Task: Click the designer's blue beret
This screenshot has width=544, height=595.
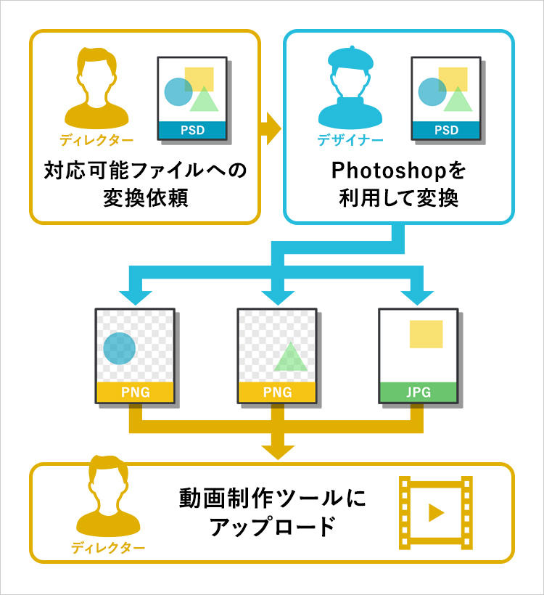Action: (x=350, y=57)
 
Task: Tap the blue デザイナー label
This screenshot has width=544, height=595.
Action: (x=350, y=140)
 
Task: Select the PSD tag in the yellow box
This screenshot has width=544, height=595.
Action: (x=192, y=130)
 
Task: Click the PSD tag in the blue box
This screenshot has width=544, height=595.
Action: (x=446, y=130)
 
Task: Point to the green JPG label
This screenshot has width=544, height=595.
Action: (x=419, y=392)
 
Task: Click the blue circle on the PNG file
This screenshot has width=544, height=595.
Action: (x=120, y=348)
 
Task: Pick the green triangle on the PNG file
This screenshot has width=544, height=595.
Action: (x=291, y=356)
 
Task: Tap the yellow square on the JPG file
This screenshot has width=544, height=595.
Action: (x=426, y=334)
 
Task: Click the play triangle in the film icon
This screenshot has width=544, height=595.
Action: (x=436, y=513)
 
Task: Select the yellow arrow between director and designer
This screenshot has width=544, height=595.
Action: (x=271, y=128)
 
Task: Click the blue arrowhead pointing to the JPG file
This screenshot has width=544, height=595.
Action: (x=417, y=298)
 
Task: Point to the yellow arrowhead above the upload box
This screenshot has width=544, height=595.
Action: (x=278, y=452)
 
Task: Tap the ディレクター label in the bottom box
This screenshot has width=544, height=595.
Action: (x=108, y=548)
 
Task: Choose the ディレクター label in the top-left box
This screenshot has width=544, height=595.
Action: (x=96, y=140)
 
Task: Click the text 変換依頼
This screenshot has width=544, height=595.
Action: (x=146, y=197)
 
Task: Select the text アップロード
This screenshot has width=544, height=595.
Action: (x=273, y=526)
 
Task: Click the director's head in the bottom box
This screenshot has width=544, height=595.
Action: (x=109, y=479)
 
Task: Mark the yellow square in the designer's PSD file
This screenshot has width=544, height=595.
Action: (x=453, y=79)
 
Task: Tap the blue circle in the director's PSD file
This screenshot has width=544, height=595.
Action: (x=178, y=92)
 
